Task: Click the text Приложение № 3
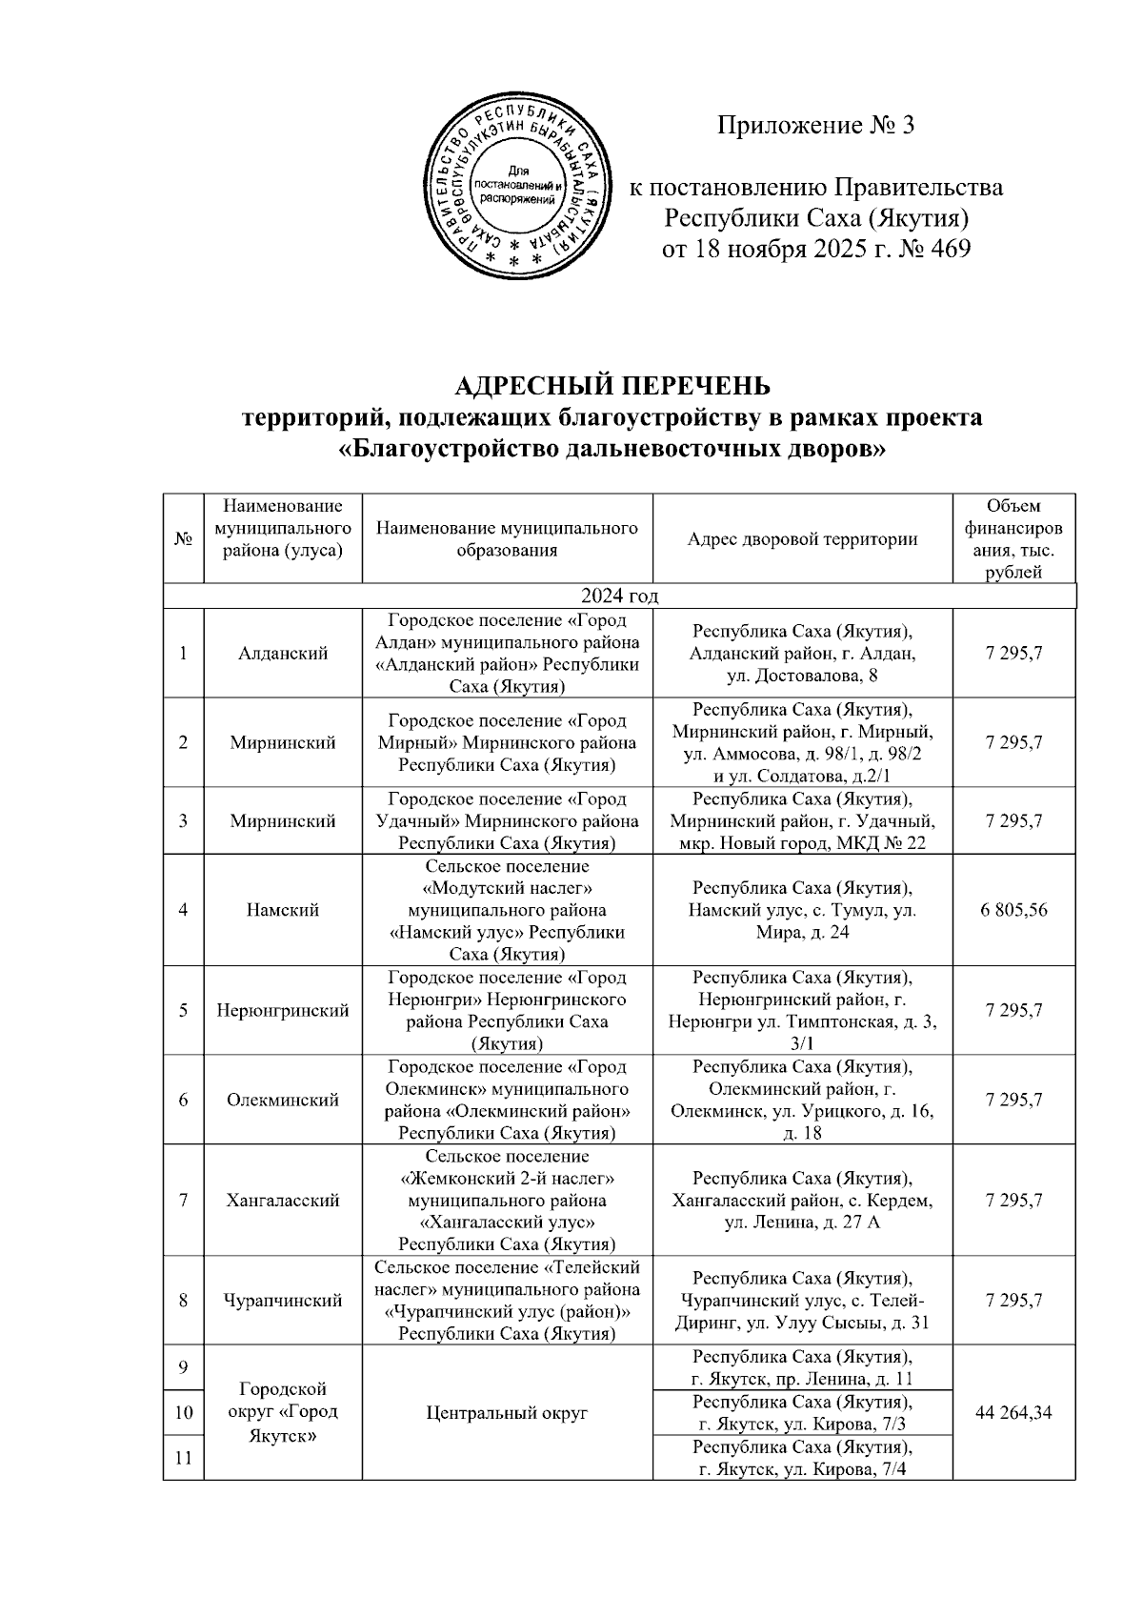pos(815,126)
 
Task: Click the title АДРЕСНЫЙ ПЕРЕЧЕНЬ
pos(612,386)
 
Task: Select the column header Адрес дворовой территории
pos(802,539)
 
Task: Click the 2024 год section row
pos(619,596)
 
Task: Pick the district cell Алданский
pos(283,653)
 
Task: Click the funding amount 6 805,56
pos(1013,910)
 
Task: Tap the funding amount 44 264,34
pos(1013,1412)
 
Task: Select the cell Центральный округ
pos(507,1412)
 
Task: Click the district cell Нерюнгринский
pos(283,1010)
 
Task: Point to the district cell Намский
pos(283,910)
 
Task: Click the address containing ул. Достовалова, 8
pos(802,654)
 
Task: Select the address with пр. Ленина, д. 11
pos(802,1367)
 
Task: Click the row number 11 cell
pos(183,1457)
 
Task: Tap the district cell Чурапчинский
pos(283,1301)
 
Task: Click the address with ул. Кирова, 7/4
pos(802,1458)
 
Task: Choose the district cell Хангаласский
pos(283,1201)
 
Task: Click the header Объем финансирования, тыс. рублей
pos(1013,538)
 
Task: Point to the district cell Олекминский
pos(283,1100)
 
